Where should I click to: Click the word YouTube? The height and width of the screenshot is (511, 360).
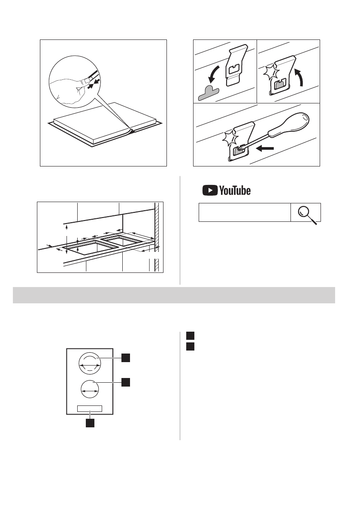point(235,190)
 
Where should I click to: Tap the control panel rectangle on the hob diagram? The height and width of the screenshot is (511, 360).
point(90,408)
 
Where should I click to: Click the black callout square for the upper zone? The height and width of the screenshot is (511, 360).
point(125,357)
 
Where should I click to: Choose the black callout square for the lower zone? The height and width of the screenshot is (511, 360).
point(125,381)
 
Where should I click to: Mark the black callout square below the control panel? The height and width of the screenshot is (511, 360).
point(89,423)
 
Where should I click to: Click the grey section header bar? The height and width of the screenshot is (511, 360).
point(174,296)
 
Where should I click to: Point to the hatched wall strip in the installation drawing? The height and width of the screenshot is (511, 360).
point(157,236)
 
